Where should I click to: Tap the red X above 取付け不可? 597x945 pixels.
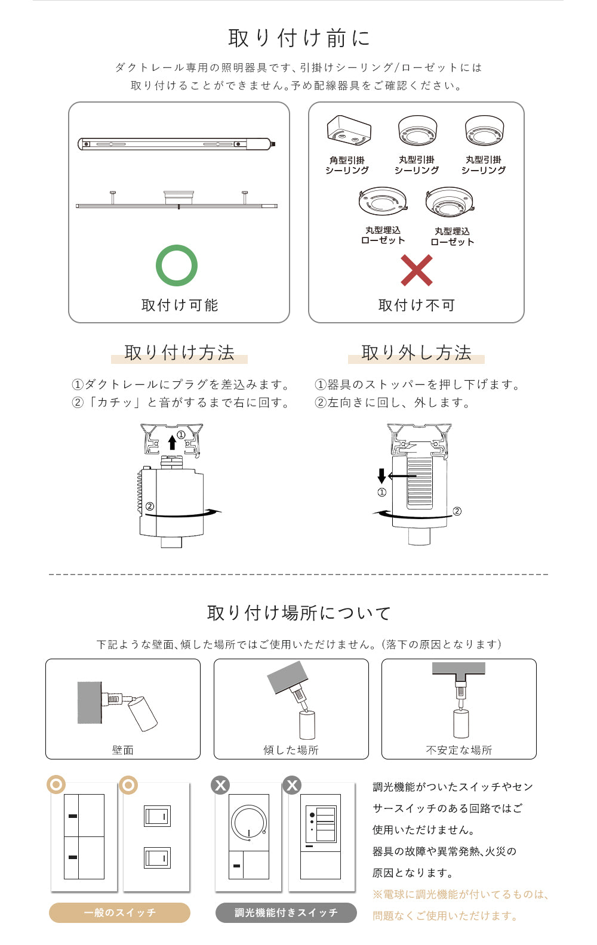(x=416, y=270)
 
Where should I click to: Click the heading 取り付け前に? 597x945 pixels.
(x=299, y=38)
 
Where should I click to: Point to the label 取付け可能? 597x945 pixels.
(x=180, y=305)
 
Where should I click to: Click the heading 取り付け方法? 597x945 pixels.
(x=179, y=353)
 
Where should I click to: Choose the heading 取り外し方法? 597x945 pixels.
(x=416, y=353)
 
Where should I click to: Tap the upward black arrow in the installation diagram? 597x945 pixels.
(x=172, y=443)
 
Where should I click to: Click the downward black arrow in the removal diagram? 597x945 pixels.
(x=381, y=476)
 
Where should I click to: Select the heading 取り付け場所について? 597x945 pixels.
(x=299, y=613)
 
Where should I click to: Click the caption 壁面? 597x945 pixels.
(x=123, y=750)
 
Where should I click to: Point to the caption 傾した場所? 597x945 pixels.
(x=291, y=750)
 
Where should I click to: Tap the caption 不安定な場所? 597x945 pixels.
(x=459, y=750)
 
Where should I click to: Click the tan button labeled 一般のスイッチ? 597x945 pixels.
(x=119, y=913)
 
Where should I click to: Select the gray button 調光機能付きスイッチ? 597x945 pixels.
(x=286, y=913)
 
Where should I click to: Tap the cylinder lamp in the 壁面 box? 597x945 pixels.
(x=142, y=714)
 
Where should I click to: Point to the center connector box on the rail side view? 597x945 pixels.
(x=179, y=197)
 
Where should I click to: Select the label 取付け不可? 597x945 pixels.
(x=417, y=305)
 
